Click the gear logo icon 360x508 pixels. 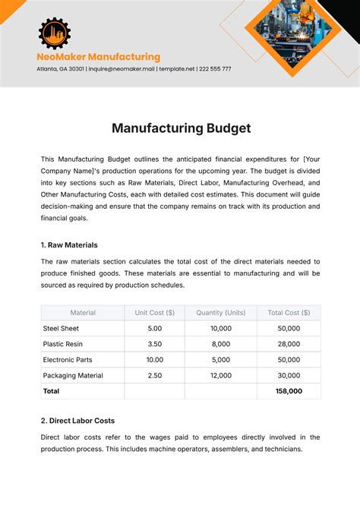(x=54, y=33)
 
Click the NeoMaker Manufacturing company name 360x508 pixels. (x=99, y=57)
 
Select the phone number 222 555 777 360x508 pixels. (x=215, y=69)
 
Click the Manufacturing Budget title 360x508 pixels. (x=181, y=128)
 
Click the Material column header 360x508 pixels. (x=83, y=312)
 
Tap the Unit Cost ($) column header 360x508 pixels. (x=154, y=312)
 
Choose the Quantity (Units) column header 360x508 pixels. (x=220, y=312)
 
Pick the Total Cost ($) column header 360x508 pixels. (x=289, y=312)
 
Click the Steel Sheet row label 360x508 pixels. (x=62, y=328)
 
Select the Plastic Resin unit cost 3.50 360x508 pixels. (x=154, y=344)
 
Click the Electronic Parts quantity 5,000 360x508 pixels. (x=220, y=359)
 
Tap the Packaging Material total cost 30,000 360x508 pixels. (x=289, y=375)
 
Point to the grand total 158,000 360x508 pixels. (x=289, y=391)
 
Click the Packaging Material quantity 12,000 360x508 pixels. (x=220, y=375)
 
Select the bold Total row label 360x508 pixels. (x=52, y=391)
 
